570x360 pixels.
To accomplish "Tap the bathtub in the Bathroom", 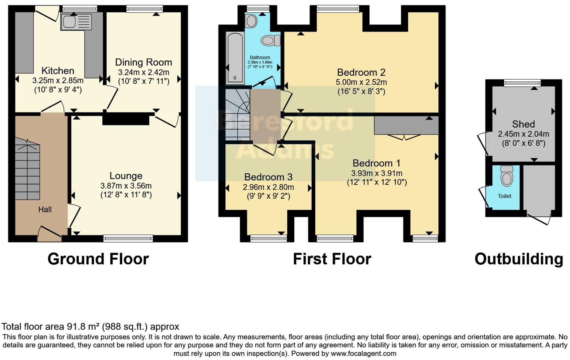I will [x=235, y=58].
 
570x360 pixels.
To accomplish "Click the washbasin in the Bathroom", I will [x=252, y=21].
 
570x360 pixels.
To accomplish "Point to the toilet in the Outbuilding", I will [x=507, y=176].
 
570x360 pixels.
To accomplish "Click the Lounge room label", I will [x=126, y=176].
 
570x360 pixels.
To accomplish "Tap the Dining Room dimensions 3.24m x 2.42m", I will [x=143, y=72].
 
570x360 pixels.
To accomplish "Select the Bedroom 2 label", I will [x=361, y=72].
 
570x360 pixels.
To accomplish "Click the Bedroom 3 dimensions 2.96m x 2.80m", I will [x=268, y=187].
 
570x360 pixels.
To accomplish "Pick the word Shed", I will [x=523, y=124].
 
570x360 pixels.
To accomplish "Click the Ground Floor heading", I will [x=98, y=259].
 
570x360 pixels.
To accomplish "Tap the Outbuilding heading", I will [x=519, y=259].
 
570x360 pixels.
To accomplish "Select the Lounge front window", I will [x=128, y=238].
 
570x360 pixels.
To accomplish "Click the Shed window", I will [x=522, y=83].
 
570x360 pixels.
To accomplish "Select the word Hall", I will [x=45, y=210].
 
